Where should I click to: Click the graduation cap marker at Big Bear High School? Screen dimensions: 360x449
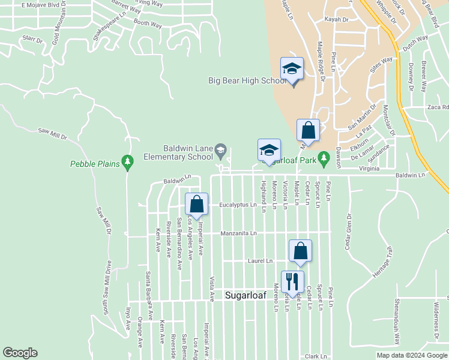coord(292,70)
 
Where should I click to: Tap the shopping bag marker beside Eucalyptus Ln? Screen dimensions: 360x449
coord(196,205)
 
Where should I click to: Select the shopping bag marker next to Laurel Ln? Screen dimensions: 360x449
coord(301,252)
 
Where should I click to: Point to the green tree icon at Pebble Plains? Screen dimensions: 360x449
coord(127,161)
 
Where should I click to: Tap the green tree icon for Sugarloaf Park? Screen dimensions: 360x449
coord(324,158)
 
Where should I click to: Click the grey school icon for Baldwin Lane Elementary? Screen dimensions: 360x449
coord(221,151)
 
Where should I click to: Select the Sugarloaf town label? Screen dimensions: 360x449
coord(244,295)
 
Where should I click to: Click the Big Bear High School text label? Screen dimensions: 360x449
coord(247,80)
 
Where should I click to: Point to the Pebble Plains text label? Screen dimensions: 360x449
coord(94,163)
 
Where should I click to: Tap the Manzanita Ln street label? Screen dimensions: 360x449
coord(238,232)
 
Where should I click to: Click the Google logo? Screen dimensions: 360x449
coord(20,353)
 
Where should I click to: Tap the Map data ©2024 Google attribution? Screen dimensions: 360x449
coord(412,355)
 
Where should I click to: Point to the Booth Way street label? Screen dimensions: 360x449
coord(148,24)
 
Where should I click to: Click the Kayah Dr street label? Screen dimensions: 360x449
coord(337,19)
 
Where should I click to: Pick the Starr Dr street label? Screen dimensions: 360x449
coord(32,40)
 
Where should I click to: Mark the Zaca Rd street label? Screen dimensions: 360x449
coord(437,107)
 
